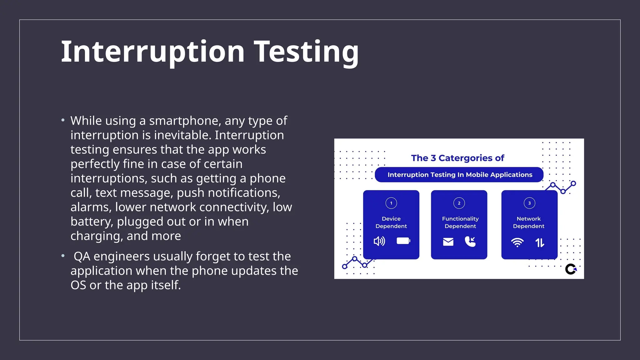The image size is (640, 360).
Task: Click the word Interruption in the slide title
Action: [152, 52]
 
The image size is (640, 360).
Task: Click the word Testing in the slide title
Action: [307, 52]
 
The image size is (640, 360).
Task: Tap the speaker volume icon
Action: [379, 241]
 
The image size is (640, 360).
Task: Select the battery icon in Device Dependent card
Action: [403, 241]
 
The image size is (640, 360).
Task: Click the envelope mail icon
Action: [448, 242]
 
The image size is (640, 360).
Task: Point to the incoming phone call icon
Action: [470, 241]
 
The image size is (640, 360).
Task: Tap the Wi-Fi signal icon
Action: [517, 242]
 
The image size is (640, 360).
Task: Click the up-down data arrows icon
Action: [540, 242]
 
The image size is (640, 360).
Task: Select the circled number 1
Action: [391, 203]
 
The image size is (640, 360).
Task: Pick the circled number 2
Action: [459, 203]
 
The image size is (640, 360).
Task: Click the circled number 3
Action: [529, 203]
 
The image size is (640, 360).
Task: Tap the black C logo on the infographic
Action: [571, 269]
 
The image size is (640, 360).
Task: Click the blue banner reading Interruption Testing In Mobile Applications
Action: [459, 175]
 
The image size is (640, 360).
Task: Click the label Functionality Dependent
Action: [460, 222]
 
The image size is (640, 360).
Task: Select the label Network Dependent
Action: [529, 222]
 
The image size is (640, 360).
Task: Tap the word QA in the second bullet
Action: [82, 257]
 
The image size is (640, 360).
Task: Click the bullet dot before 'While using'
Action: [63, 120]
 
